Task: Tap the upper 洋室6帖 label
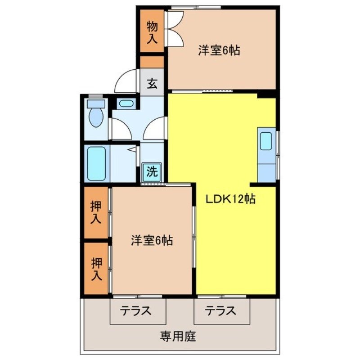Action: [x=219, y=50]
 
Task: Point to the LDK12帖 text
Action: [x=230, y=199]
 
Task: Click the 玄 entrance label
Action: [x=153, y=83]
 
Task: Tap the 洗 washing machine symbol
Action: [x=152, y=171]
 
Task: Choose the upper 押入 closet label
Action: [x=96, y=212]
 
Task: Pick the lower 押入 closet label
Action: [x=96, y=269]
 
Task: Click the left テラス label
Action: [x=135, y=310]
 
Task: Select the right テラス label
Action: [x=221, y=310]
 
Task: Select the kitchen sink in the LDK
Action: [x=266, y=141]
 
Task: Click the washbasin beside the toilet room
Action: [x=126, y=103]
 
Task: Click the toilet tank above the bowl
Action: [x=96, y=104]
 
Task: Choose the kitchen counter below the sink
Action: [x=266, y=172]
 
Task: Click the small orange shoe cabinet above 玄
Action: [x=152, y=62]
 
